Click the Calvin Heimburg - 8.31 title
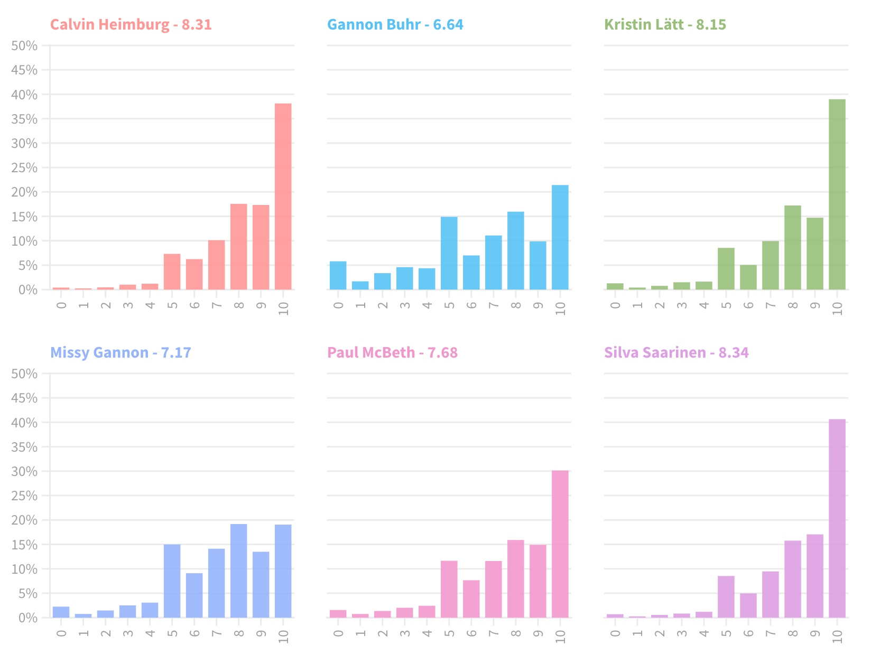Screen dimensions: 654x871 coord(131,25)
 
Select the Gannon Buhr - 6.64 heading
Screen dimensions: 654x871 coord(395,25)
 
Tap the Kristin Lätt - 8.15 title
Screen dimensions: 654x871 coord(665,25)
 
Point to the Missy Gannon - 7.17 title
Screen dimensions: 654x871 coord(121,352)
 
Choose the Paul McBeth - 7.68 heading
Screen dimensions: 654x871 coord(392,352)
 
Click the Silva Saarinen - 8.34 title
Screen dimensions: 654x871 coord(676,352)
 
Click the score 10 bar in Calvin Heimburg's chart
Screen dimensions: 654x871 coord(283,197)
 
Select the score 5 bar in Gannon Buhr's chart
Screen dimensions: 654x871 coord(449,253)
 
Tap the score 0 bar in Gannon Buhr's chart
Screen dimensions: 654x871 coord(338,276)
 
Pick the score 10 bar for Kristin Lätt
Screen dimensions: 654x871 coord(837,194)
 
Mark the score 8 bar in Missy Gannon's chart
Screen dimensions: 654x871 coord(238,571)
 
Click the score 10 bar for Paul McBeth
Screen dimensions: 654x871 coord(560,544)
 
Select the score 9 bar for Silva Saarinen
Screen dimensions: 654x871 coord(814,576)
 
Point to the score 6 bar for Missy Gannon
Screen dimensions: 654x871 coord(194,595)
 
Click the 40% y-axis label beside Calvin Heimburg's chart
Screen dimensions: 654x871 coord(25,95)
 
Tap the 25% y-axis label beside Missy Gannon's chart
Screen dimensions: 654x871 coord(25,496)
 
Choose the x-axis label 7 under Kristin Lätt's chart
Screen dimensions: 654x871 coord(770,305)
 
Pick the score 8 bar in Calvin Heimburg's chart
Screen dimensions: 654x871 coord(238,247)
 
